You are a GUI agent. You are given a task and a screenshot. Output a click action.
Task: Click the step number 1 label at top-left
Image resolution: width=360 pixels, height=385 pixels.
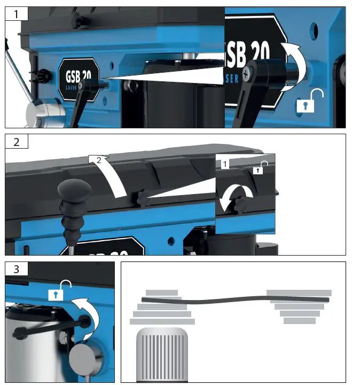point(15,13)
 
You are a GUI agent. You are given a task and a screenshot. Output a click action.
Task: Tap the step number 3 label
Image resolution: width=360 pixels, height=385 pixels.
point(15,269)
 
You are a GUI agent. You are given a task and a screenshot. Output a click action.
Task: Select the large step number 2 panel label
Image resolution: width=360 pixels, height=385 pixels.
point(16,141)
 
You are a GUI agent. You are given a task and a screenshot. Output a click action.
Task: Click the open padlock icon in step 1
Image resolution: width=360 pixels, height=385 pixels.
point(306,101)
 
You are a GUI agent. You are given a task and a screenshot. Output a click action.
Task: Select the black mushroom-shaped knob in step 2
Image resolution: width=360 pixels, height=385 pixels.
point(72,190)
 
